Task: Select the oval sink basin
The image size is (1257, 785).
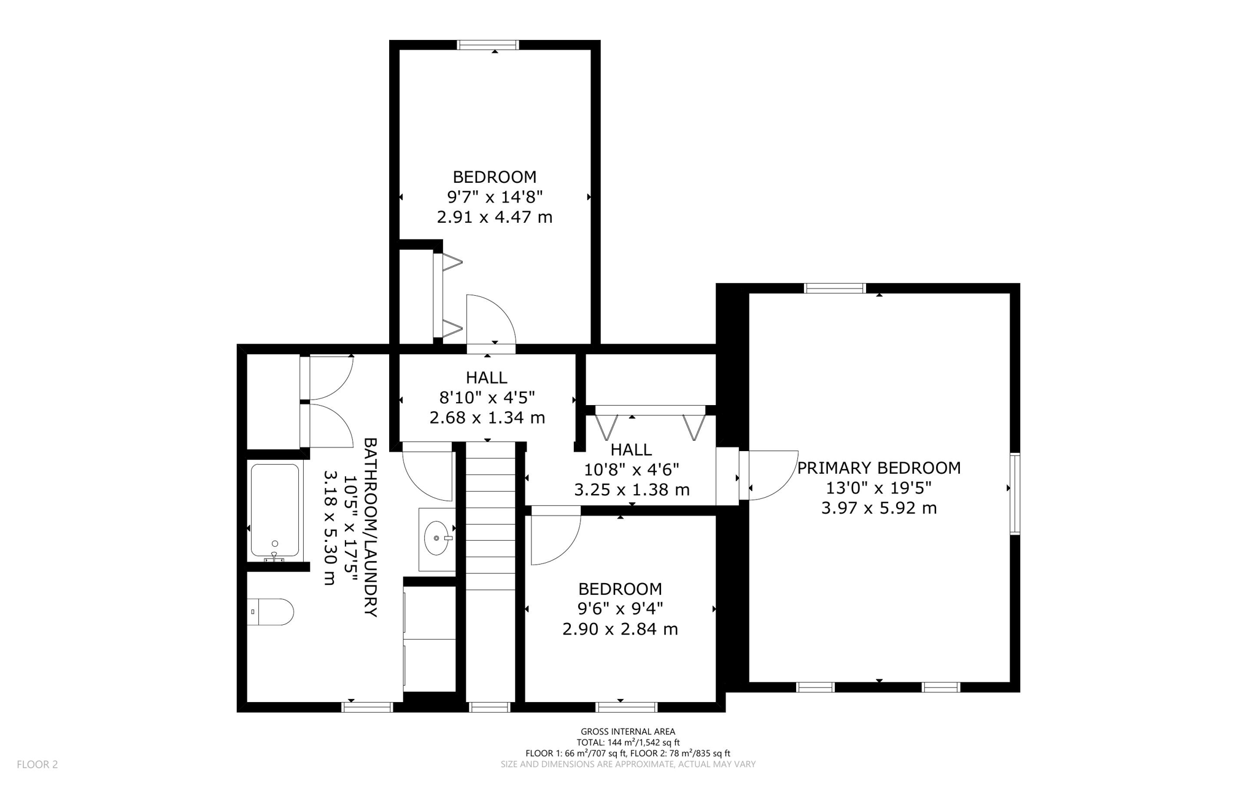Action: pyautogui.click(x=436, y=538)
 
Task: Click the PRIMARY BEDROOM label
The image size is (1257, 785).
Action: pyautogui.click(x=878, y=468)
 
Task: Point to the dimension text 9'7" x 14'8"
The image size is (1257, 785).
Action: pyautogui.click(x=495, y=197)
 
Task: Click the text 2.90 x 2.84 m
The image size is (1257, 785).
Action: pyautogui.click(x=620, y=629)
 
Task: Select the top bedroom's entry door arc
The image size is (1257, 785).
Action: pyautogui.click(x=490, y=319)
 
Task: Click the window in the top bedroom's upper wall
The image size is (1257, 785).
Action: pyautogui.click(x=489, y=45)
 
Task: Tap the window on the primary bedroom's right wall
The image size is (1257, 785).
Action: pyautogui.click(x=1015, y=493)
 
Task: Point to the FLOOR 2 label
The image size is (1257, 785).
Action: pyautogui.click(x=37, y=764)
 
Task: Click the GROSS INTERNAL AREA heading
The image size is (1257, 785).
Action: pyautogui.click(x=627, y=731)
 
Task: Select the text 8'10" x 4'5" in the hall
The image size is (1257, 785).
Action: pyautogui.click(x=487, y=398)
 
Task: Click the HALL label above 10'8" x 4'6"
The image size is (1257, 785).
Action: pyautogui.click(x=631, y=449)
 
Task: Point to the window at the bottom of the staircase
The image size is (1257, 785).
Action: pyautogui.click(x=489, y=707)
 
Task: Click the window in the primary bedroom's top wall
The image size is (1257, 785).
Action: pyautogui.click(x=835, y=288)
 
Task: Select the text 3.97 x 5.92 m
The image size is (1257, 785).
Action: pyautogui.click(x=878, y=508)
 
